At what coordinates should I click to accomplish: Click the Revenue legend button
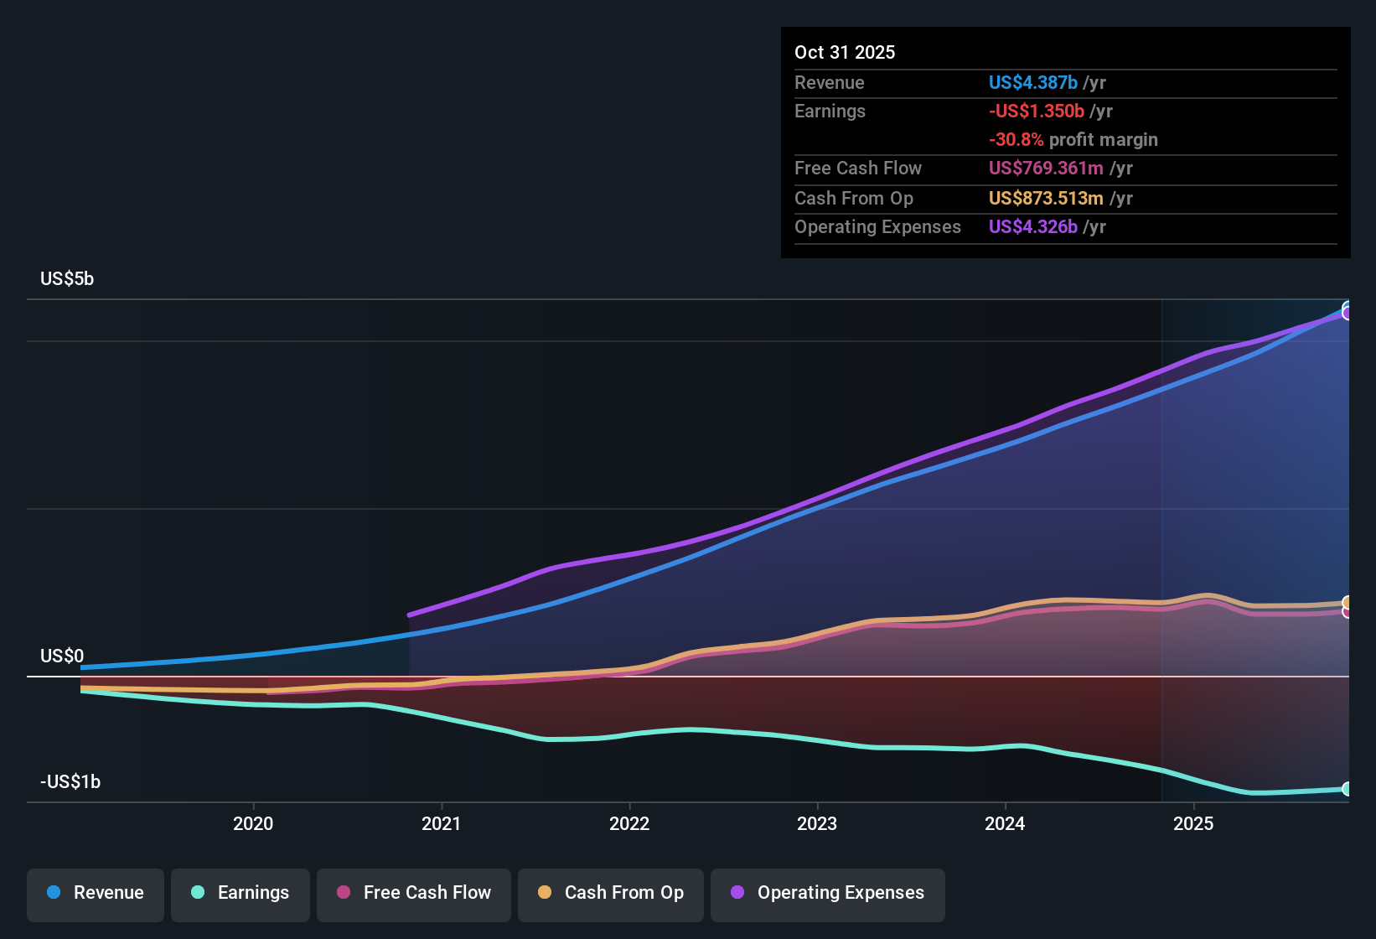pos(96,893)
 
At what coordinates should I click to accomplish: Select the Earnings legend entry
pos(240,893)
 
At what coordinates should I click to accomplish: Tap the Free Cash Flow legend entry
pos(414,893)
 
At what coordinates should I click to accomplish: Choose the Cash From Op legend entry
pos(611,893)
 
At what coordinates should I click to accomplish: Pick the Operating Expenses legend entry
pos(828,893)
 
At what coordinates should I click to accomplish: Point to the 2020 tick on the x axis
pos(253,823)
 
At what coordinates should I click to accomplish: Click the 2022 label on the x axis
pos(629,823)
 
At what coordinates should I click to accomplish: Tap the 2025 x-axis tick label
pos(1193,823)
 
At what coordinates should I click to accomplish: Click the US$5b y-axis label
pos(67,279)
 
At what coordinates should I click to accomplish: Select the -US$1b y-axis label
pos(70,782)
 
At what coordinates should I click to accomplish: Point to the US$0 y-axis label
pos(62,656)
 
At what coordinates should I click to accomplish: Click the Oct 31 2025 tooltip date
pos(845,52)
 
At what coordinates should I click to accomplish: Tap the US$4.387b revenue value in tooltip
pos(1032,82)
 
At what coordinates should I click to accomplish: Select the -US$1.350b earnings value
pos(1036,112)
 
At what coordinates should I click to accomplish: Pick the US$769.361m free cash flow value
pos(1046,169)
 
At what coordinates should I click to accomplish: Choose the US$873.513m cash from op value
pos(1046,199)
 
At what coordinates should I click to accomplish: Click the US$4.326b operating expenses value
pos(1032,227)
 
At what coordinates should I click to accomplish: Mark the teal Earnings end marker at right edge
pos(1348,789)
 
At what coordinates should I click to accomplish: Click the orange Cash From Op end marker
pos(1348,602)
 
